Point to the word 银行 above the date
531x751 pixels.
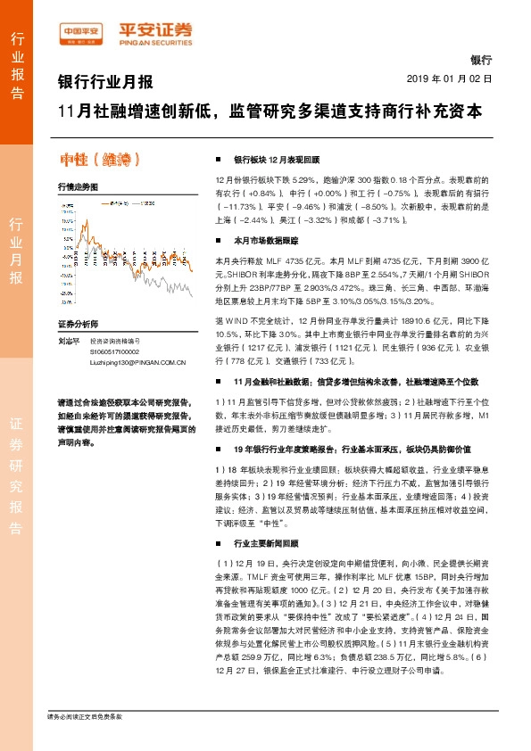[480, 60]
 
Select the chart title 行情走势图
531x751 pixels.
[78, 187]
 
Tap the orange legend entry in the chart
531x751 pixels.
[115, 204]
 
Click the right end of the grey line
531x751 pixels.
[193, 295]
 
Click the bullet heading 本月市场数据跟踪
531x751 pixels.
[265, 241]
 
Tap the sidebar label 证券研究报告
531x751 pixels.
[17, 473]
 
